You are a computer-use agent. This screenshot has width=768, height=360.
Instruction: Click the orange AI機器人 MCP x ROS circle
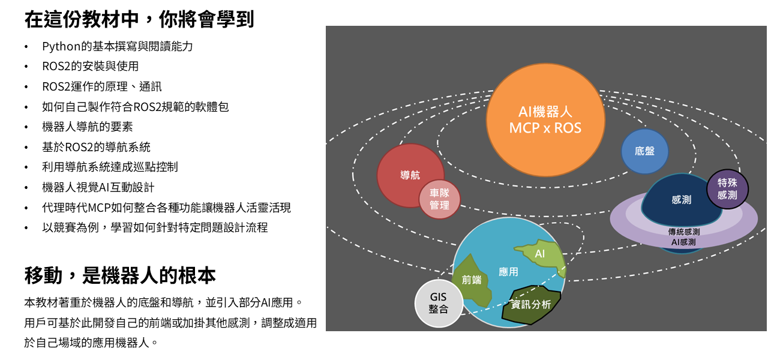point(545,120)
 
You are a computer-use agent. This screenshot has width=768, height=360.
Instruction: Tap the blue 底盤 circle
point(644,151)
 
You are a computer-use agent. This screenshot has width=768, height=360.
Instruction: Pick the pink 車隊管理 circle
point(439,200)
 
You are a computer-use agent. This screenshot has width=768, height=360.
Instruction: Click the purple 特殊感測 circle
point(727,189)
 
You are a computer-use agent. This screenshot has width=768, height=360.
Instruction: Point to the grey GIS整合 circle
point(439,304)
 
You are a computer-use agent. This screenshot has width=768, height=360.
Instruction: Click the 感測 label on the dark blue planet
point(681,200)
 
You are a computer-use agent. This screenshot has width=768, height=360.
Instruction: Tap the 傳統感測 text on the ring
point(683,232)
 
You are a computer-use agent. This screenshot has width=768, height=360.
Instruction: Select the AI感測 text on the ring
point(683,242)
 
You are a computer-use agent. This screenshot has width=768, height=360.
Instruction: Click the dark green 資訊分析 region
point(531,304)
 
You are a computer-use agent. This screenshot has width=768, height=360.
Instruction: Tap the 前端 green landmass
point(472,280)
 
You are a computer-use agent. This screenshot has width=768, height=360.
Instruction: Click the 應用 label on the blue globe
point(508,272)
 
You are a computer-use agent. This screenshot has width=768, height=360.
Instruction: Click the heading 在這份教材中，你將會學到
point(139,19)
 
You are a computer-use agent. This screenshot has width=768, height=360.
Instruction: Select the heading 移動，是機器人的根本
point(120,275)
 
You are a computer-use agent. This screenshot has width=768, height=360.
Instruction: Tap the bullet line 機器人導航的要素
point(88,127)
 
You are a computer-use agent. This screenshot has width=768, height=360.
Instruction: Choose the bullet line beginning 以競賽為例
point(155,227)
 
